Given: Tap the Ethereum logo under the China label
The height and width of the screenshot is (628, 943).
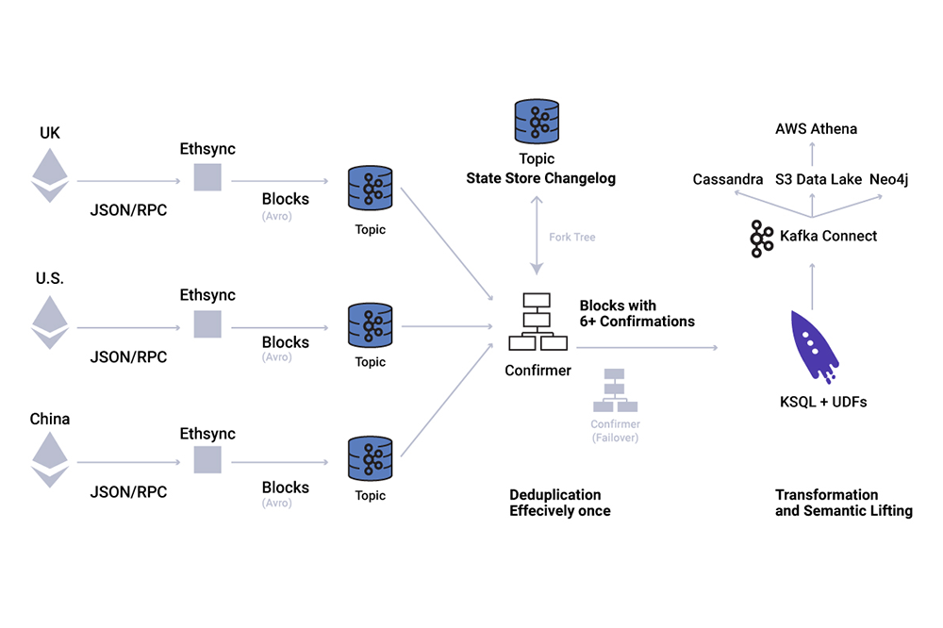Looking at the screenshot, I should pyautogui.click(x=51, y=459).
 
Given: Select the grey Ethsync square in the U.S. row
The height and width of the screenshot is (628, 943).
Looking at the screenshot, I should pyautogui.click(x=207, y=323).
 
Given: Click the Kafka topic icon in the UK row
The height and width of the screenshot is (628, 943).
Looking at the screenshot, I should pyautogui.click(x=370, y=189).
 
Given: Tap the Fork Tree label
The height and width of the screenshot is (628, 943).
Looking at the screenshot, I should pyautogui.click(x=572, y=237).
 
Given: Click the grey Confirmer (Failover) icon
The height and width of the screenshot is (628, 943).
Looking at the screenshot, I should pyautogui.click(x=615, y=390).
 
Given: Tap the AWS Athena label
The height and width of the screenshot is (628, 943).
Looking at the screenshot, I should pyautogui.click(x=816, y=129).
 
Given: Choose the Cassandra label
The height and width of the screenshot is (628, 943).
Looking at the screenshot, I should pyautogui.click(x=727, y=179).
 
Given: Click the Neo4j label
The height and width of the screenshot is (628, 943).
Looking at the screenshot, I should pyautogui.click(x=888, y=179).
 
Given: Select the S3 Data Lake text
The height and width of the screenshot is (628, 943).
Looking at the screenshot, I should pyautogui.click(x=818, y=179).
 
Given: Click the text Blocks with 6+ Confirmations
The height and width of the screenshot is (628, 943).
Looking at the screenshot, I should pyautogui.click(x=637, y=314).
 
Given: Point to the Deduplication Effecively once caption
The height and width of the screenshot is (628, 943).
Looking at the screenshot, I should pyautogui.click(x=560, y=503).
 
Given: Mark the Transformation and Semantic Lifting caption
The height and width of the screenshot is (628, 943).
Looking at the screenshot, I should pyautogui.click(x=843, y=503).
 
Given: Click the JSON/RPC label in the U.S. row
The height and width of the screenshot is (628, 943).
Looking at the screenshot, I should pyautogui.click(x=128, y=357).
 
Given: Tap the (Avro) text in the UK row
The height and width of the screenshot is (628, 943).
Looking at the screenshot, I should pyautogui.click(x=277, y=216).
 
